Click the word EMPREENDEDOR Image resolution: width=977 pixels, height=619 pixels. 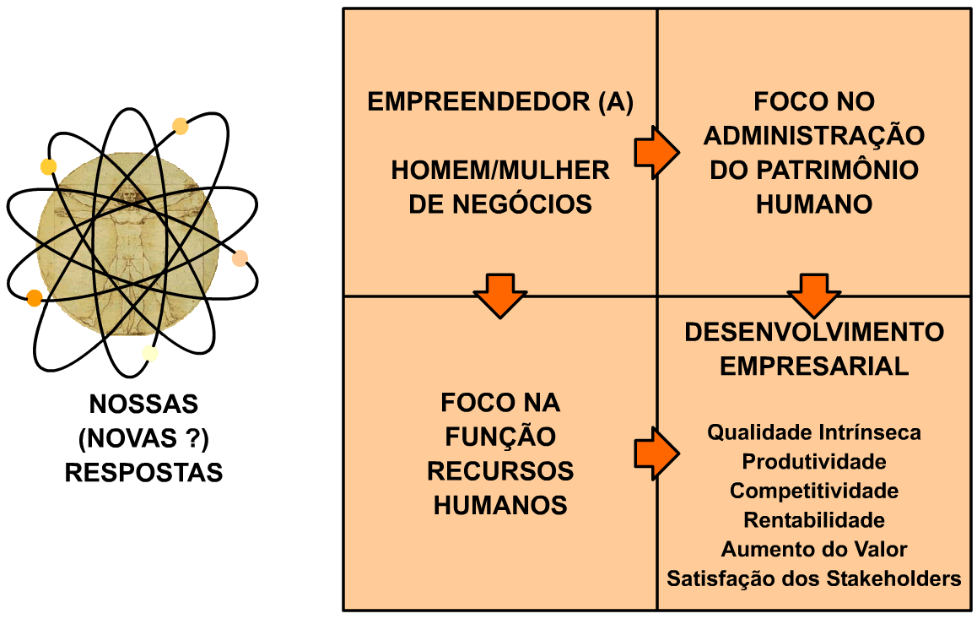[478, 102]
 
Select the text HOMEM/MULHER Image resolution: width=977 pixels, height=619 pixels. [500, 171]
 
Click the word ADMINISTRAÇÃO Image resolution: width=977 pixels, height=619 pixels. [814, 136]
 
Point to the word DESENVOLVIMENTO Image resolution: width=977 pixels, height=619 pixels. [814, 332]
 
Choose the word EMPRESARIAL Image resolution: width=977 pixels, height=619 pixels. [814, 367]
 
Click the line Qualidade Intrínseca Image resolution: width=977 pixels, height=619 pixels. [814, 433]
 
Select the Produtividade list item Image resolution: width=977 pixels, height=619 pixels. [814, 462]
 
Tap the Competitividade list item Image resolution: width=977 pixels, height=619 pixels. [814, 491]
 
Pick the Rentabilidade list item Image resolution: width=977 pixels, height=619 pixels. [814, 520]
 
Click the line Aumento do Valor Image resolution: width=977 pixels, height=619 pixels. [814, 550]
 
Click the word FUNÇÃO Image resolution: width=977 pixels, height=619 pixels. [500, 437]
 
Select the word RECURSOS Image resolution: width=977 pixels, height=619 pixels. [500, 471]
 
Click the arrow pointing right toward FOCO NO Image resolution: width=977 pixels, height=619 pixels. [656, 152]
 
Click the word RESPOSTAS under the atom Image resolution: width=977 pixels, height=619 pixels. [143, 472]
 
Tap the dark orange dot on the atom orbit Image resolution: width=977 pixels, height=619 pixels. [35, 297]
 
